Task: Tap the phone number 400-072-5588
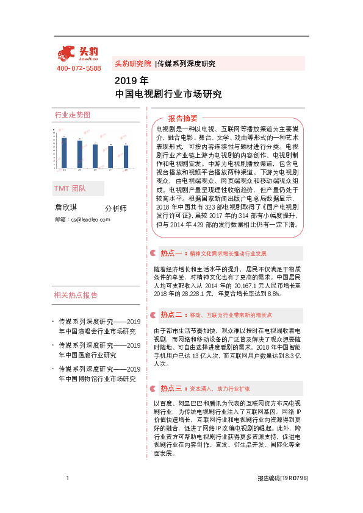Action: pyautogui.click(x=79, y=68)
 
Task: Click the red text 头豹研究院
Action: pyautogui.click(x=132, y=63)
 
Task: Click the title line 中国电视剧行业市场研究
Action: pyautogui.click(x=168, y=94)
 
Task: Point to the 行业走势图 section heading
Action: pyautogui.click(x=73, y=115)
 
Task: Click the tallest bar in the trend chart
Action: pyautogui.click(x=64, y=152)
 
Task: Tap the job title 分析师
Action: pyautogui.click(x=116, y=208)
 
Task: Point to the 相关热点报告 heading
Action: pyautogui.click(x=76, y=295)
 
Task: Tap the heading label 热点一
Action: pyautogui.click(x=171, y=252)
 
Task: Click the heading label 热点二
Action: pyautogui.click(x=171, y=315)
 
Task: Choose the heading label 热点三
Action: pyautogui.click(x=171, y=387)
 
